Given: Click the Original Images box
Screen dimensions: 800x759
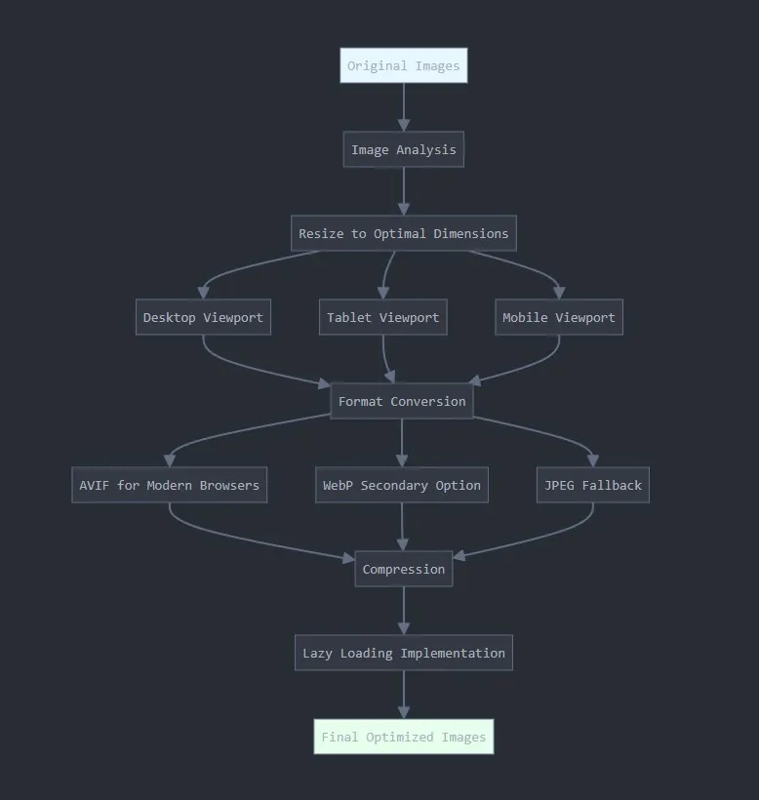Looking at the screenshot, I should click(x=403, y=66).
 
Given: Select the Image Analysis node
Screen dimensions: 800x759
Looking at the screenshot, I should click(x=403, y=150).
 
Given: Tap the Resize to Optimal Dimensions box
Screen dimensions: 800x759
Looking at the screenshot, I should click(x=403, y=234).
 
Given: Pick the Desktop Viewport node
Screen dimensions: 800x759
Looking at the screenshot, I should click(x=203, y=318).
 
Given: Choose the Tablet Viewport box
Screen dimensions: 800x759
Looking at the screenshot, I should click(x=382, y=318).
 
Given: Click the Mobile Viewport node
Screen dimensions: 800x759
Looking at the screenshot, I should click(x=558, y=318).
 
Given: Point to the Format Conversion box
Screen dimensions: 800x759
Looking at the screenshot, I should click(x=401, y=402).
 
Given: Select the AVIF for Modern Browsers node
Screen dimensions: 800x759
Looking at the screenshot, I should click(x=169, y=486).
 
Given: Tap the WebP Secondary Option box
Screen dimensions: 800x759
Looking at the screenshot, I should click(x=401, y=486).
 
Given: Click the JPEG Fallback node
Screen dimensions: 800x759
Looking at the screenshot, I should click(x=592, y=486).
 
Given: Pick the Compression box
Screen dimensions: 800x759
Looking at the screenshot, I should click(x=403, y=570).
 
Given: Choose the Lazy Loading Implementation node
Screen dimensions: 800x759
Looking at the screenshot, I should click(x=403, y=654).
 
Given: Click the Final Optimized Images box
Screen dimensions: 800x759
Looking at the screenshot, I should click(x=403, y=738).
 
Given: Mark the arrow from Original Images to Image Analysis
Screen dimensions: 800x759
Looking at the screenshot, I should click(x=403, y=107).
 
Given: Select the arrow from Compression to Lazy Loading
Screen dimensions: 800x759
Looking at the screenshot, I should click(x=403, y=611).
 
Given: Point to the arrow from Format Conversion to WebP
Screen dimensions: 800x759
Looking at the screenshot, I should click(x=401, y=444).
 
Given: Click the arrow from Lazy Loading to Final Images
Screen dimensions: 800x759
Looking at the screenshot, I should click(x=403, y=695).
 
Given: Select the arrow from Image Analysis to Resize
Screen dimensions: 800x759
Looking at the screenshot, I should click(x=403, y=191).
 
